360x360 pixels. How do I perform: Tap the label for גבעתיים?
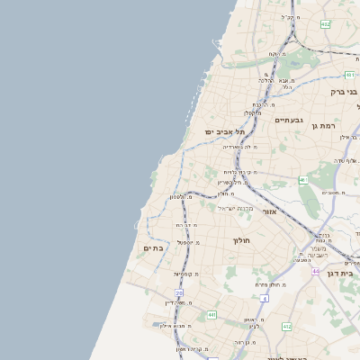(289, 120)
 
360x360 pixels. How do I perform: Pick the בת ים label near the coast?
(153, 248)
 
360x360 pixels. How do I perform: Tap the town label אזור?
(269, 211)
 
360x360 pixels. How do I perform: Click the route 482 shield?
(325, 24)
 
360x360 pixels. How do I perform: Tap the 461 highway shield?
(303, 181)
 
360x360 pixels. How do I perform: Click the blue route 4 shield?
(264, 298)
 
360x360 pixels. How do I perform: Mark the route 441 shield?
(211, 315)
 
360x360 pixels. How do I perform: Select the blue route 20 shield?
(179, 293)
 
